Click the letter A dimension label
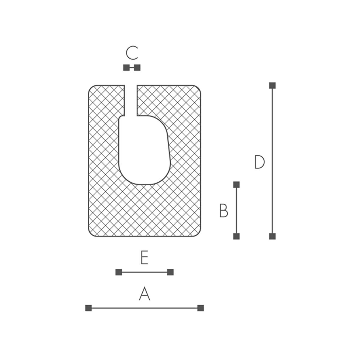(144, 294)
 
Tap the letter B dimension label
(223, 211)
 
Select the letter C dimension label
(132, 53)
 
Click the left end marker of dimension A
(88, 308)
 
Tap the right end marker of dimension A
(200, 308)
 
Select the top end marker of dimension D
(272, 85)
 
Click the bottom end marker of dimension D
(272, 236)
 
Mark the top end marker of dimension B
(236, 184)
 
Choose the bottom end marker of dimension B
(236, 236)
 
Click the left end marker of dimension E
(119, 272)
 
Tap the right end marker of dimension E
(170, 272)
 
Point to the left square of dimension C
(126, 67)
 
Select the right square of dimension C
(137, 67)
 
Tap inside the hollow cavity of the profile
(143, 151)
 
